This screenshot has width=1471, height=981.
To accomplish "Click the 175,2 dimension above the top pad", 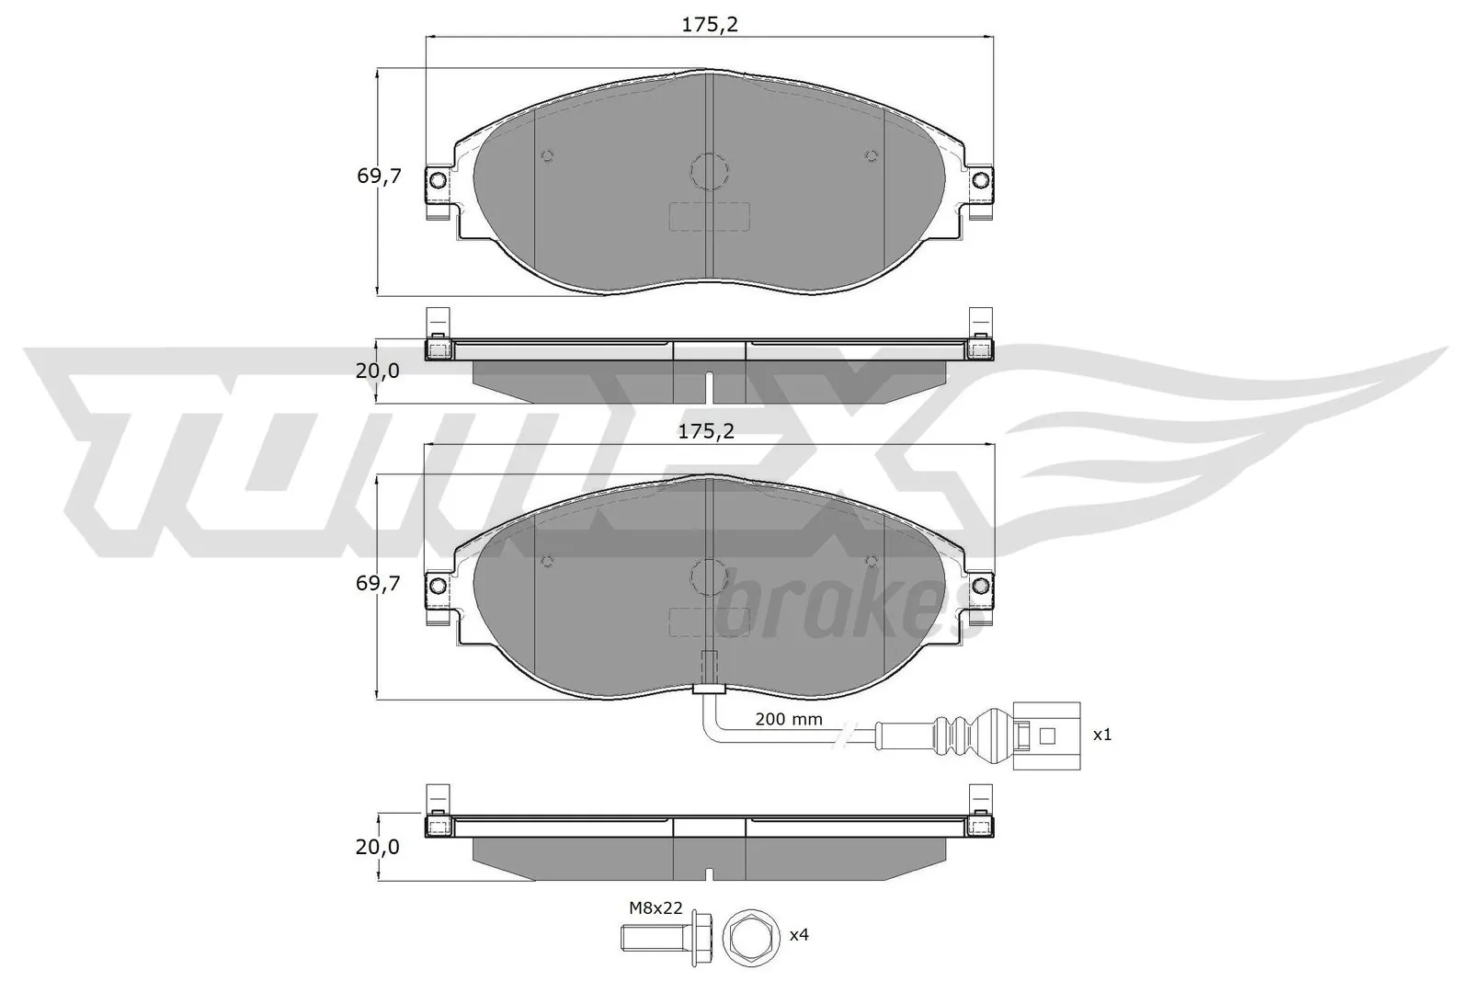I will (709, 25).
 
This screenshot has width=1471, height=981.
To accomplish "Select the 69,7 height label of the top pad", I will (379, 177).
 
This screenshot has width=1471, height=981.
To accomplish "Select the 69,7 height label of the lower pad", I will (379, 583).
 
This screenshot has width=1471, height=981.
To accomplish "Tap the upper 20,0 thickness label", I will (379, 371).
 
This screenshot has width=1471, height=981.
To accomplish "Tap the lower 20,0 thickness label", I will (379, 847).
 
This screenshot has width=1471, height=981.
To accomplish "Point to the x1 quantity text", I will (1101, 736).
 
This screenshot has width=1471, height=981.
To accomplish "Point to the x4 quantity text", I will (799, 935).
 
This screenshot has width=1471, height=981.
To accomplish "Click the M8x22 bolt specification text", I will (656, 907).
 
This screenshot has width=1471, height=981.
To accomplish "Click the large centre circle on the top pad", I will (709, 171).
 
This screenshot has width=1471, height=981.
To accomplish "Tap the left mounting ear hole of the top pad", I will (438, 178).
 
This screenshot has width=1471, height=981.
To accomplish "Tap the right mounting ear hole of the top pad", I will (980, 178).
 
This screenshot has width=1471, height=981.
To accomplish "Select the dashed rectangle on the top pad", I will (709, 217).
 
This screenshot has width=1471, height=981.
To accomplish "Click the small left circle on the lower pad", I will (547, 561).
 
